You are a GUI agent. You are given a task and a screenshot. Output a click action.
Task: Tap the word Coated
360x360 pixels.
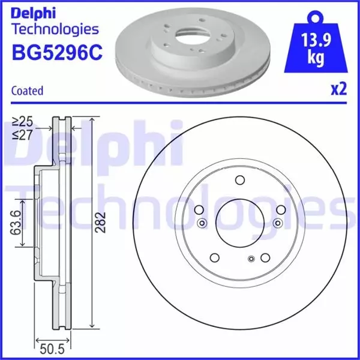(x=27, y=91)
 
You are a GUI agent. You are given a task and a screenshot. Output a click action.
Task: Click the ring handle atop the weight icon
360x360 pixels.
(x=313, y=16)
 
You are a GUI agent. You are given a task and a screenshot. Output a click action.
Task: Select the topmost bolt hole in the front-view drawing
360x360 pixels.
(x=240, y=179)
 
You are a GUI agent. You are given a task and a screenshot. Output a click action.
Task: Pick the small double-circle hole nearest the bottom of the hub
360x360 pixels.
(x=251, y=259)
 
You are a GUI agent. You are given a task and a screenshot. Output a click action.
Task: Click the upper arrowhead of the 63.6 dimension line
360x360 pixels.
(x=23, y=202)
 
